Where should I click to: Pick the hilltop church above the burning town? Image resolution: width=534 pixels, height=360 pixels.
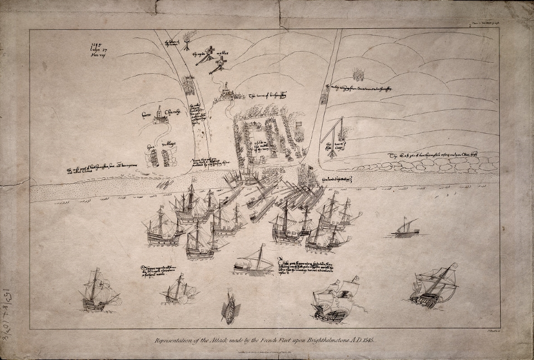pos(227,92)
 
